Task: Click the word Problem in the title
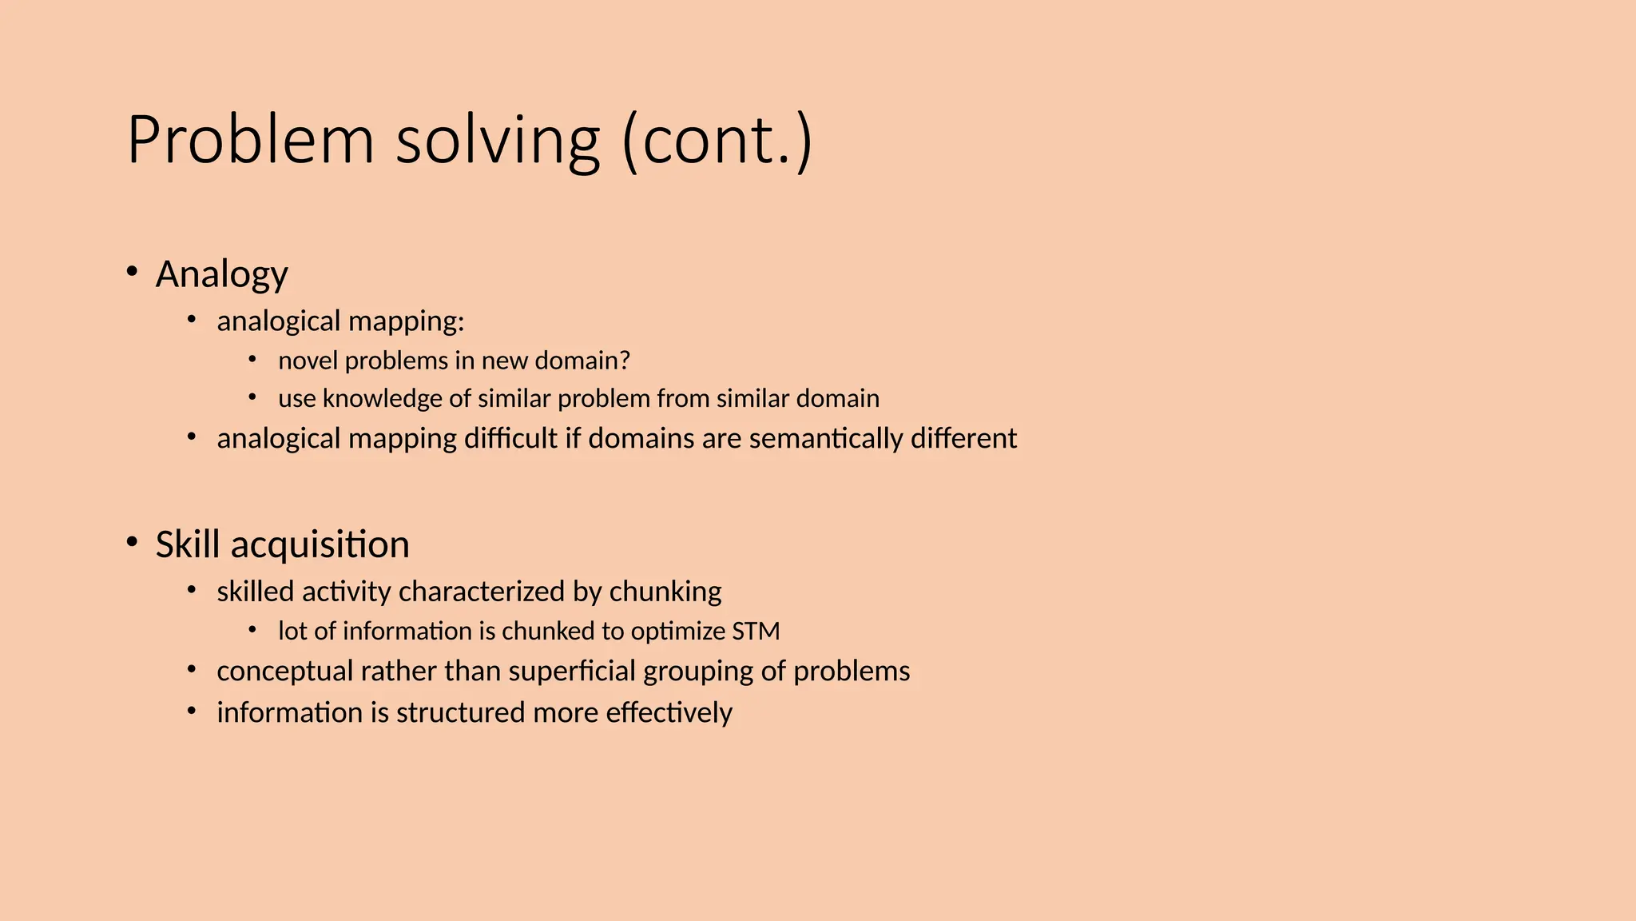click(250, 141)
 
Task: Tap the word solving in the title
click(497, 141)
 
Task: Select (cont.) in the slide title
click(717, 141)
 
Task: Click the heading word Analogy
click(221, 274)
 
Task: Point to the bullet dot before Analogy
click(132, 272)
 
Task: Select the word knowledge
click(383, 398)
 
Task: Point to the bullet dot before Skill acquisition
click(132, 542)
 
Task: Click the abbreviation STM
click(756, 631)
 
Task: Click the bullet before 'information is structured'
click(192, 710)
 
